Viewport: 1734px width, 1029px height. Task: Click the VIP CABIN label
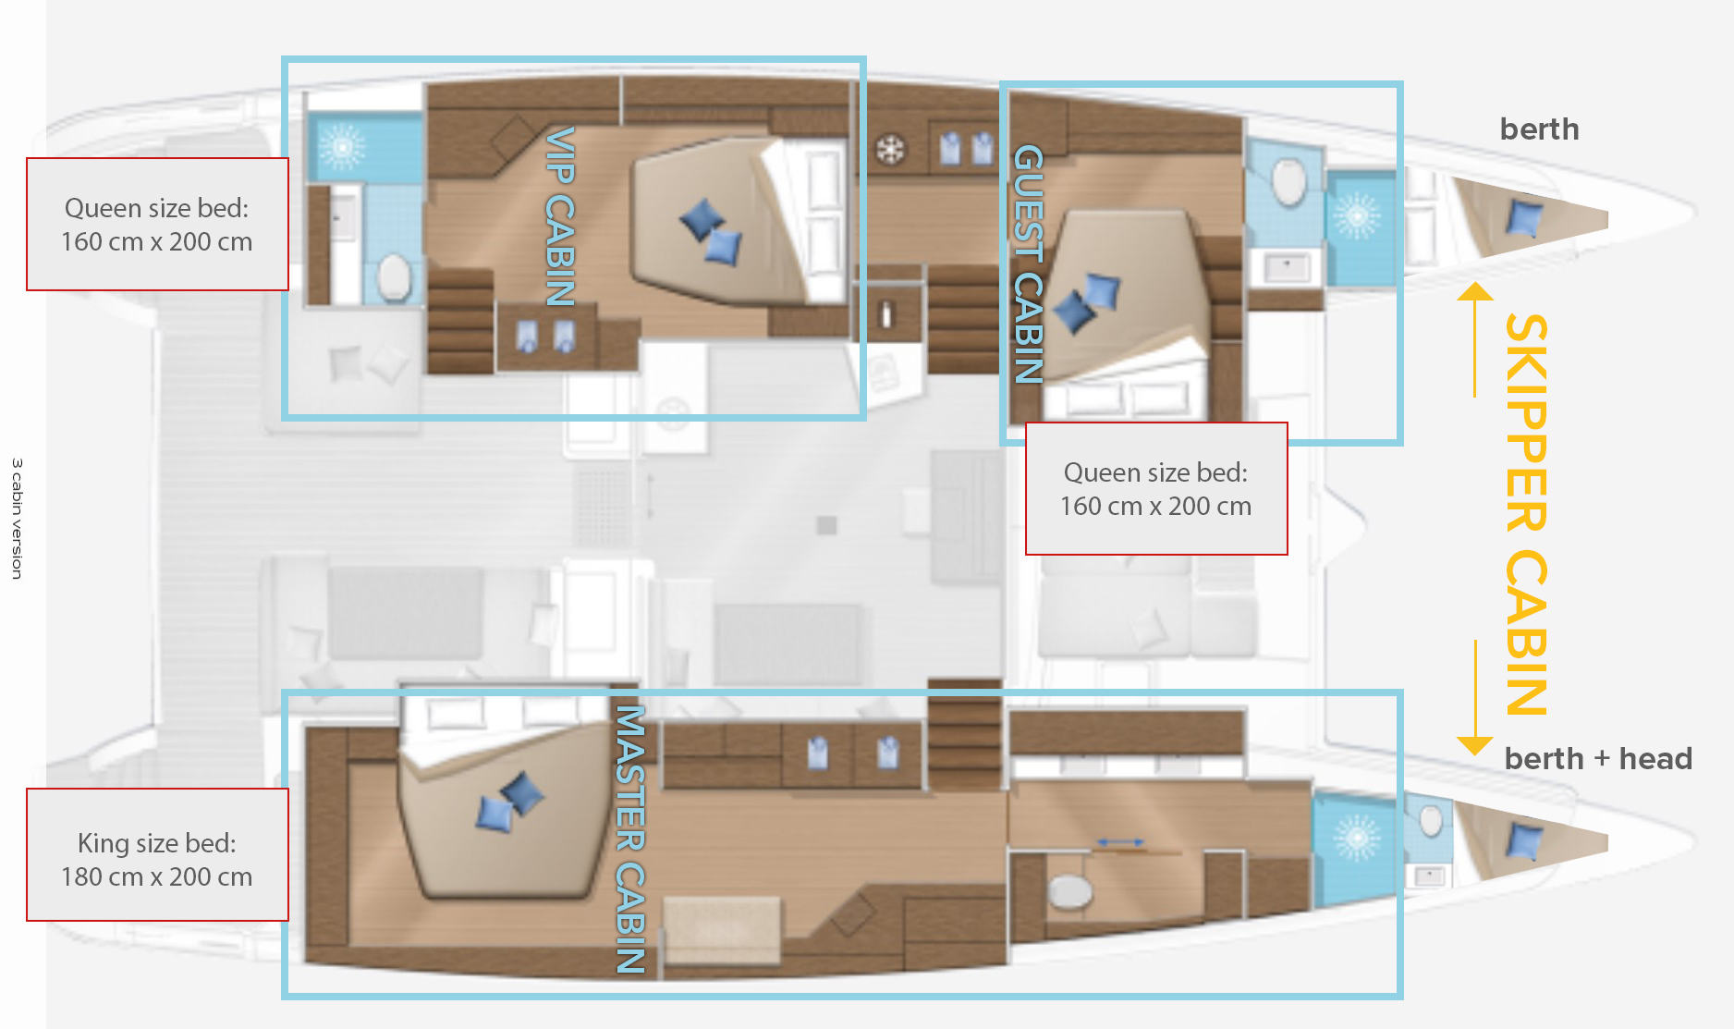(x=560, y=216)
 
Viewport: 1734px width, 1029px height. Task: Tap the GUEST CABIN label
(x=1029, y=264)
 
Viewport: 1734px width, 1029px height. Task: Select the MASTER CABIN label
(x=630, y=839)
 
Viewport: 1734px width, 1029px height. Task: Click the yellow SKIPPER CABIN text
(x=1526, y=514)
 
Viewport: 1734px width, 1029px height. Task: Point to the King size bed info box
(x=157, y=854)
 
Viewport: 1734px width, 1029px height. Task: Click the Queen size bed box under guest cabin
(x=1156, y=489)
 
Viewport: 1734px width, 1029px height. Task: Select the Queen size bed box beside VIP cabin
(x=157, y=224)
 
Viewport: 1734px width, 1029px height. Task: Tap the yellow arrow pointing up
(x=1475, y=339)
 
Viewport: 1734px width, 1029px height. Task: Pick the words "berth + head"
(x=1598, y=759)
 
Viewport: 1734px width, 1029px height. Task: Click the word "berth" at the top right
(x=1540, y=129)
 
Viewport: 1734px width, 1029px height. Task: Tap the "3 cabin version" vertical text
(x=17, y=519)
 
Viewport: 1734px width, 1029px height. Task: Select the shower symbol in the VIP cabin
(x=342, y=146)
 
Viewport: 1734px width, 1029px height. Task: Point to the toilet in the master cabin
(x=1070, y=891)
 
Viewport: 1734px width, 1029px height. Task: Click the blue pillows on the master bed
(x=509, y=802)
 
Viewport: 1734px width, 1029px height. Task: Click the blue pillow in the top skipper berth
(x=1524, y=219)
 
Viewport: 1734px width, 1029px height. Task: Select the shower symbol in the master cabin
(x=1357, y=838)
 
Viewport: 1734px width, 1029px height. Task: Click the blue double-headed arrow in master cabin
(x=1119, y=842)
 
